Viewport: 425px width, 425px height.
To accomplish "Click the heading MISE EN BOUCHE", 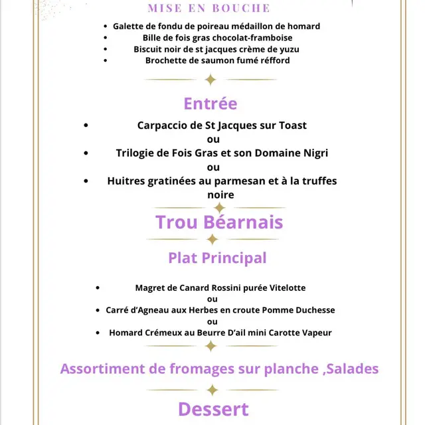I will click(x=209, y=8).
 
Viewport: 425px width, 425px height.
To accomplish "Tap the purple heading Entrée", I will click(x=210, y=104).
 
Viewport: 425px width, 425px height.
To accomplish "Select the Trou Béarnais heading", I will click(x=219, y=222).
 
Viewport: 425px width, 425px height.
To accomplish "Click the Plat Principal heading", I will click(x=217, y=258).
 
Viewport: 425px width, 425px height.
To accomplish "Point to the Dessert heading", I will click(x=213, y=409).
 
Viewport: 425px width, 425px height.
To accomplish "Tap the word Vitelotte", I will click(x=286, y=288).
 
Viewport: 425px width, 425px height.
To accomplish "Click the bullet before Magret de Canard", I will click(x=98, y=289).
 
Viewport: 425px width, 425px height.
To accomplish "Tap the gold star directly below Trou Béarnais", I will click(x=212, y=239).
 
